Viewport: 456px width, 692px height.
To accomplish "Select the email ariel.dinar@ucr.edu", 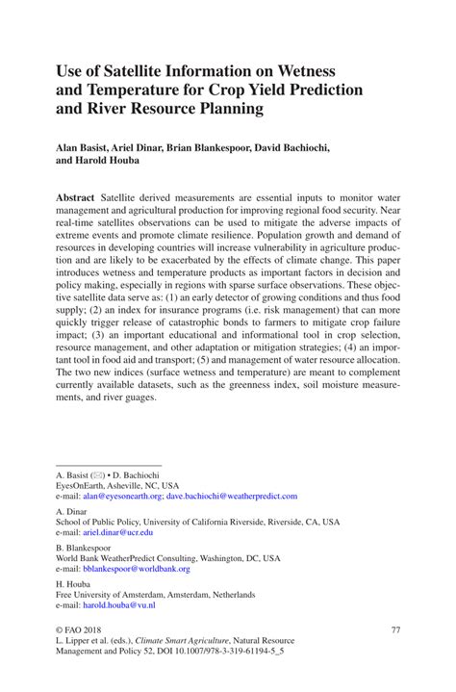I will point(117,531).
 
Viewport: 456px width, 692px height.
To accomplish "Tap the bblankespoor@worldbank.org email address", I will point(138,569).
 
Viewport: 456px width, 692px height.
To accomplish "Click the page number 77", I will point(393,629).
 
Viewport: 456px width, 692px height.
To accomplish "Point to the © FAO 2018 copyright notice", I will point(84,629).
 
